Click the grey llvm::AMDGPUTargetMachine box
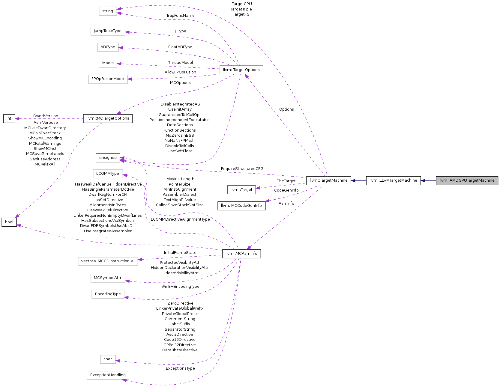click(x=467, y=180)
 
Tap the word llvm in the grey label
click(x=442, y=180)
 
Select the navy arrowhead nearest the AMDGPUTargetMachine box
click(x=423, y=181)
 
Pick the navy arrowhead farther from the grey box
click(x=353, y=181)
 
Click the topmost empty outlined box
click(x=108, y=11)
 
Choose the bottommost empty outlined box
click(x=108, y=375)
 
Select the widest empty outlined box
click(x=108, y=261)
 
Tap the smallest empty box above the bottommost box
click(x=108, y=359)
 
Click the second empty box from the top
click(x=108, y=31)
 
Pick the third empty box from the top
click(x=108, y=47)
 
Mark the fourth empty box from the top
click(x=108, y=63)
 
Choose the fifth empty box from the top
click(x=108, y=79)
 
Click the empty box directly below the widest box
click(x=108, y=278)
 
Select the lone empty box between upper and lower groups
click(x=108, y=174)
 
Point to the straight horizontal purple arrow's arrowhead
click(x=17, y=119)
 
